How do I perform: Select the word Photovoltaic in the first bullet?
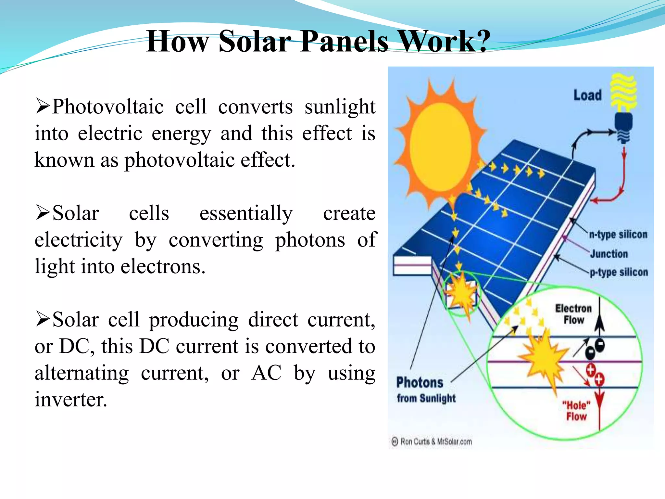107,107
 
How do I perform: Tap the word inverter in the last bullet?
71,399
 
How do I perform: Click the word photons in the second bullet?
310,240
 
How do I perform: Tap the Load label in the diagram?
587,95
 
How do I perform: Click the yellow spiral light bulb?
623,93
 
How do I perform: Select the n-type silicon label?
618,234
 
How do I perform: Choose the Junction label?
609,254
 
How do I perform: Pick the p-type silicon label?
619,272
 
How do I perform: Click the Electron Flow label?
573,314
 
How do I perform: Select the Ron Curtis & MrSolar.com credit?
432,441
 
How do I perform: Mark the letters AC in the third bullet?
266,373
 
